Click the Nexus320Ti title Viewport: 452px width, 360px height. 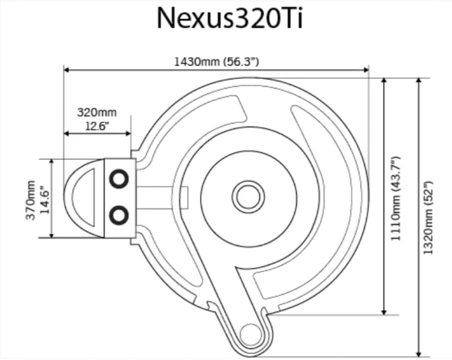coord(230,18)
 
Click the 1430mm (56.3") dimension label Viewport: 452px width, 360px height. coord(216,62)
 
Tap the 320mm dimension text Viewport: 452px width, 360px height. coord(97,112)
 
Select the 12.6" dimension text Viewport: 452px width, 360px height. coord(97,126)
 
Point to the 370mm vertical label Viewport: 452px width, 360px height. coord(31,200)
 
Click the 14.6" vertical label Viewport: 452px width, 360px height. coord(45,201)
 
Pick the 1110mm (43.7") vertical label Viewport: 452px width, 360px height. coord(395,199)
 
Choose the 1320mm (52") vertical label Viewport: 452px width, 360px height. coord(428,218)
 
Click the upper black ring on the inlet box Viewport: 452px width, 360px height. coord(119,179)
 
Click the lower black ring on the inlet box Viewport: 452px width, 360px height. coord(119,215)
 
